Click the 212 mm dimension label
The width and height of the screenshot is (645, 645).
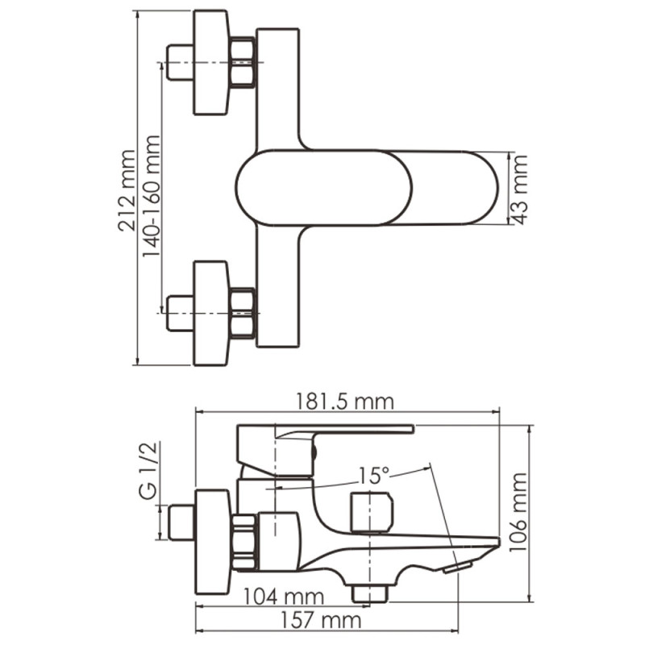(127, 190)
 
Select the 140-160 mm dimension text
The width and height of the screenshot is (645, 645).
(151, 196)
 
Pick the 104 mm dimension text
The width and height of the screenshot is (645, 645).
(282, 597)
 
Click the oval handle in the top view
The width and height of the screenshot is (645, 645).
(322, 188)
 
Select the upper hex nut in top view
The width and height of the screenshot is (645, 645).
(242, 63)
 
